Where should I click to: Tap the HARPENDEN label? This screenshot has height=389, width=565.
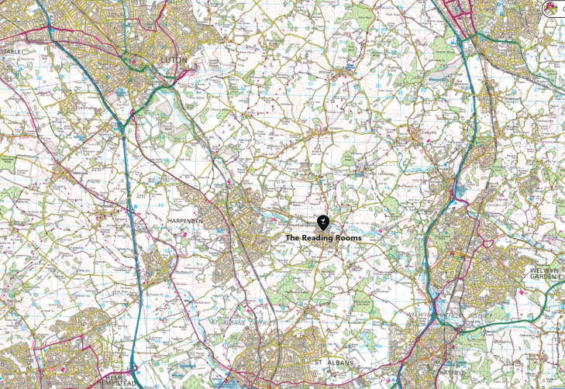(185, 221)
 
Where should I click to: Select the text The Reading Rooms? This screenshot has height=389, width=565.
(323, 238)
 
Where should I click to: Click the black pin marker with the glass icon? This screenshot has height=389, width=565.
(323, 222)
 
